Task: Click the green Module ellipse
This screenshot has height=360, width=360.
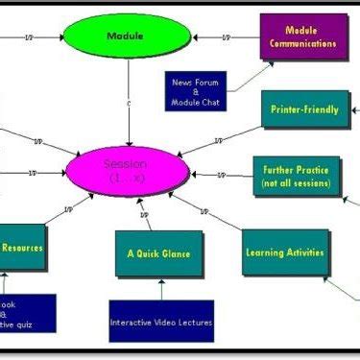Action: pyautogui.click(x=129, y=38)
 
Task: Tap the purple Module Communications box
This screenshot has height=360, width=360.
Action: pyautogui.click(x=301, y=37)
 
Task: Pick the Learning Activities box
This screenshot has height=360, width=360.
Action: pyautogui.click(x=283, y=252)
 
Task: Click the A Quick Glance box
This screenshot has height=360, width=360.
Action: pyautogui.click(x=159, y=253)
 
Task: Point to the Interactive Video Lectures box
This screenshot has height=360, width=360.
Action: pyautogui.click(x=161, y=322)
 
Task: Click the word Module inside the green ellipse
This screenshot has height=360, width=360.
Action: pyautogui.click(x=129, y=38)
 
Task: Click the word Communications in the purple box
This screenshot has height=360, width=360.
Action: pyautogui.click(x=302, y=43)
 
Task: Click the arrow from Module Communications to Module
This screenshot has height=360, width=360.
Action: pyautogui.click(x=226, y=38)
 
